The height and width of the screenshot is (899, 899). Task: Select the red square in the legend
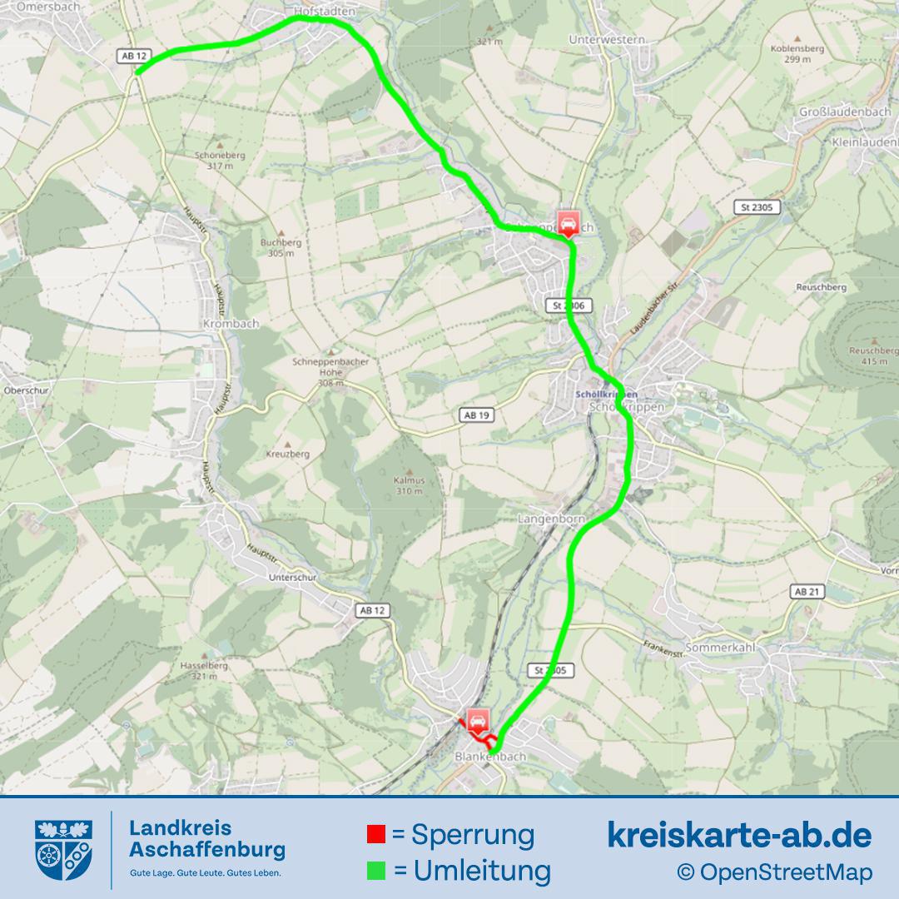point(376,834)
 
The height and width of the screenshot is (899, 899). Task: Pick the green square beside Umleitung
point(376,871)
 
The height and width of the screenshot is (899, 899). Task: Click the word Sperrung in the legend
point(473,834)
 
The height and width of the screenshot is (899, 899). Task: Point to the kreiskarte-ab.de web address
point(739,834)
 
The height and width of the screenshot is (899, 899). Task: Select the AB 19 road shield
point(474,415)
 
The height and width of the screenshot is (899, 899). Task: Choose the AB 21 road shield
point(807,591)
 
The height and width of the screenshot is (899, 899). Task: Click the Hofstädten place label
point(325,12)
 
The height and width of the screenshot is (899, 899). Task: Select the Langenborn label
point(552,519)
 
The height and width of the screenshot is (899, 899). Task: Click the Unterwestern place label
point(607,39)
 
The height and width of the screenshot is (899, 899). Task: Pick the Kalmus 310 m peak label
point(410,485)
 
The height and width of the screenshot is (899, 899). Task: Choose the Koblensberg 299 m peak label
point(797,54)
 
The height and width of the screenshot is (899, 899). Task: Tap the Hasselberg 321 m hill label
point(204,671)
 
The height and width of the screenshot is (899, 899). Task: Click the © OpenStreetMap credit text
point(774,872)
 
